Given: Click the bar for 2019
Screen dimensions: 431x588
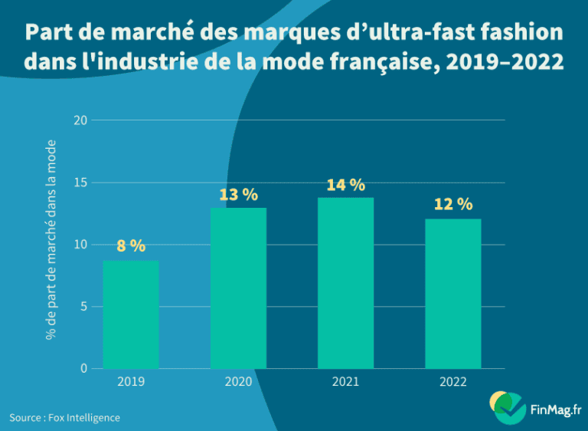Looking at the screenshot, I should (x=131, y=315).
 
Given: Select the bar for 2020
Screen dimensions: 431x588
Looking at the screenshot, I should (x=238, y=288).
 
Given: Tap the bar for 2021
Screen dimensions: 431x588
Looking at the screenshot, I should (x=345, y=284).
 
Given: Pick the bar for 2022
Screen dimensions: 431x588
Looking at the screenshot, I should (x=453, y=294).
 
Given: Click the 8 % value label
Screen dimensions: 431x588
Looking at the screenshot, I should (x=131, y=246).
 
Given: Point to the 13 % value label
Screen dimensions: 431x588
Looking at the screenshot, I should (x=238, y=195).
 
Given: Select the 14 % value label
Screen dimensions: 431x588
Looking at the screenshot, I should (x=345, y=185).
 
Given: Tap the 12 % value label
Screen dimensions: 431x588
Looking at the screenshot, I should (x=453, y=204).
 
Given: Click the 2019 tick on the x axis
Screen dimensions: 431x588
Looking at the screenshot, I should (x=131, y=381).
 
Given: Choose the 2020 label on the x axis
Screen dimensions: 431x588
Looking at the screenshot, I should (x=238, y=381).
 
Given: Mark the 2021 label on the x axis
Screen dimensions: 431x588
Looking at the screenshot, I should (x=345, y=381).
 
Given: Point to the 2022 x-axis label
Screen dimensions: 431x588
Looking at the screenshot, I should (x=453, y=381).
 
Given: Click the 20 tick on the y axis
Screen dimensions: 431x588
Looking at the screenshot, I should (x=80, y=120).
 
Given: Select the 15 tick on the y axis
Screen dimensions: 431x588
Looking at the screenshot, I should (x=80, y=183).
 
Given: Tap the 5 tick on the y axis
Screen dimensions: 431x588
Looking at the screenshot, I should (x=83, y=307).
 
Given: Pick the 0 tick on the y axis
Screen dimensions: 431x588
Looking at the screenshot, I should (x=83, y=369).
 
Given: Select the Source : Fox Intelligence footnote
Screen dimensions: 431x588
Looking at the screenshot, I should (x=64, y=417).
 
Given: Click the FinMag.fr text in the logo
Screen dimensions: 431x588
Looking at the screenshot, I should (x=556, y=410).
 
